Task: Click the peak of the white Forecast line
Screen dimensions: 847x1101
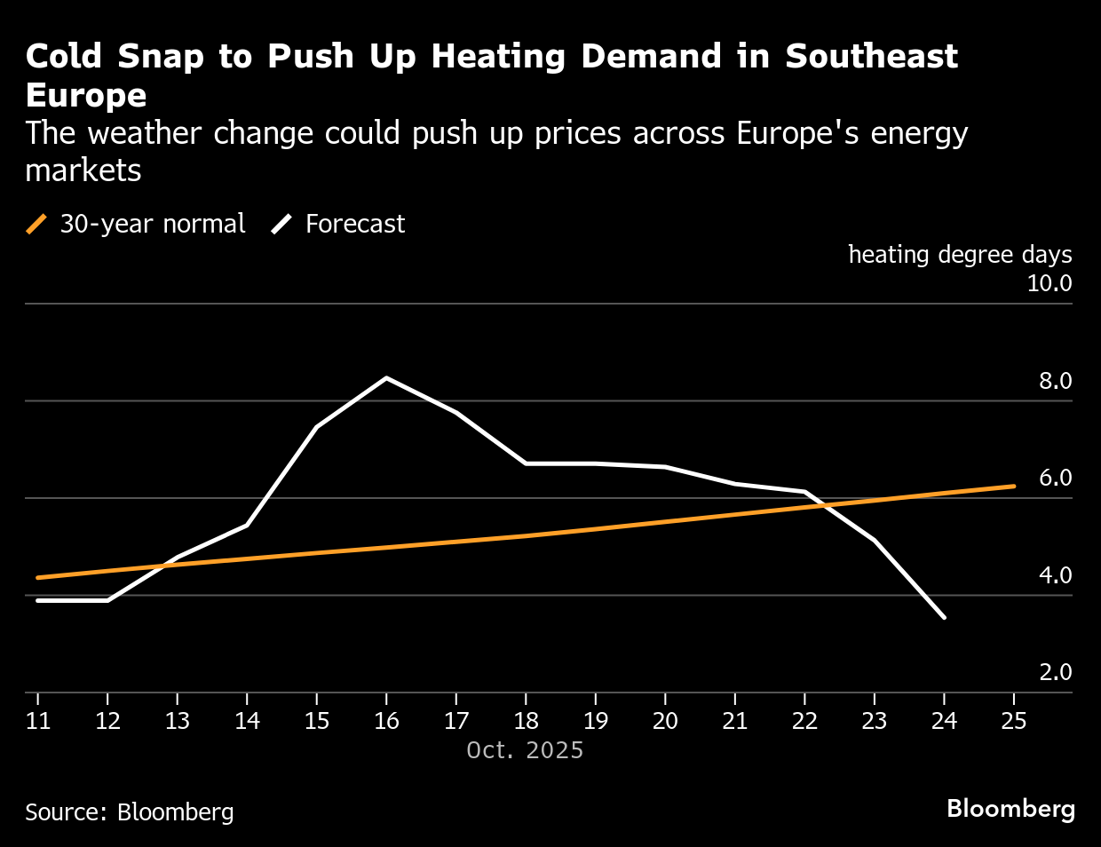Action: pos(386,378)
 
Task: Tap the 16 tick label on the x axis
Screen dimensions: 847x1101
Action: pos(386,720)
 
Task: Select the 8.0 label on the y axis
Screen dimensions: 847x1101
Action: pos(1055,381)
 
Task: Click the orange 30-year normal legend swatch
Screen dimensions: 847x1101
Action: pos(37,224)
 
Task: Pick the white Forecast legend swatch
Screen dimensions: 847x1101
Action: pos(282,224)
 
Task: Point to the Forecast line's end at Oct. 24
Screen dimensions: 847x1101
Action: pos(944,617)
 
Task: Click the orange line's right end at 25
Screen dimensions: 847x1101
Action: pos(1013,487)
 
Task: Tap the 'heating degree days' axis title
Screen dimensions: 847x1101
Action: pos(960,255)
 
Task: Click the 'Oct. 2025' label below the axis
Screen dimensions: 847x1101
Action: pos(525,750)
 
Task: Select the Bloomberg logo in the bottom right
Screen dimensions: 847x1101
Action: pos(1010,809)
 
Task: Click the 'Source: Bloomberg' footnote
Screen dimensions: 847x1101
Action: pos(130,811)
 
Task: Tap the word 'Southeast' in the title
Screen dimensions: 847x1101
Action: pos(871,57)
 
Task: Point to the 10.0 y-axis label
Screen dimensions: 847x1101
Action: pos(1049,283)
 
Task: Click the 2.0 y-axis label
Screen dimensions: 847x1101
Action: pos(1055,672)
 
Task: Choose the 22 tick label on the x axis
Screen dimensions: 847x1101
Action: pos(804,720)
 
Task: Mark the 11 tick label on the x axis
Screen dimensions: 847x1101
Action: pos(38,720)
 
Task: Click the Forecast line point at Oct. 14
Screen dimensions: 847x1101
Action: pos(247,525)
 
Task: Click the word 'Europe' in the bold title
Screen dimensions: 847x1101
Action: pos(86,96)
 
